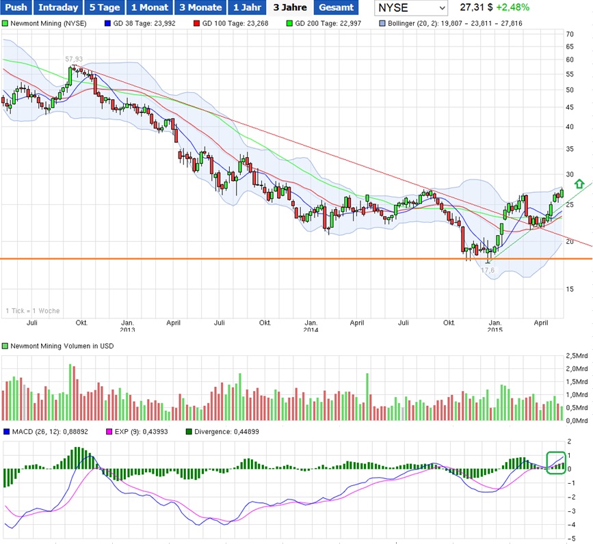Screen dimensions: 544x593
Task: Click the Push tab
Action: tap(16, 8)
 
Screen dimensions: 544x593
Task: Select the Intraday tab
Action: tap(57, 8)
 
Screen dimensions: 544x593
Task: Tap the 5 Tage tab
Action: tap(104, 8)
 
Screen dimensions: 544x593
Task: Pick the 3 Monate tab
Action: tap(200, 8)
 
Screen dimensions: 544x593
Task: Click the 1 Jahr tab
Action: tap(246, 8)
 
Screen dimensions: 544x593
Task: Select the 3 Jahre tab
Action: tap(289, 8)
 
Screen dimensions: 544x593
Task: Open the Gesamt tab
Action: tap(335, 8)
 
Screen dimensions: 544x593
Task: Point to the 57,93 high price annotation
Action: tap(75, 59)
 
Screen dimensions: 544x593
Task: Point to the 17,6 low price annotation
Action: tap(487, 270)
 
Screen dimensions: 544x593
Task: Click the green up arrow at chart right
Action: tap(579, 183)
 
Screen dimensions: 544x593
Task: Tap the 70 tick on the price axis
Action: tap(569, 33)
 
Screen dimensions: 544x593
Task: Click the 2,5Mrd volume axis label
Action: tap(577, 357)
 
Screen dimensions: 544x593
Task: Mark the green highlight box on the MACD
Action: tap(556, 462)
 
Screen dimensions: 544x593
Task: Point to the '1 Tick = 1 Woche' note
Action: tap(32, 311)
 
